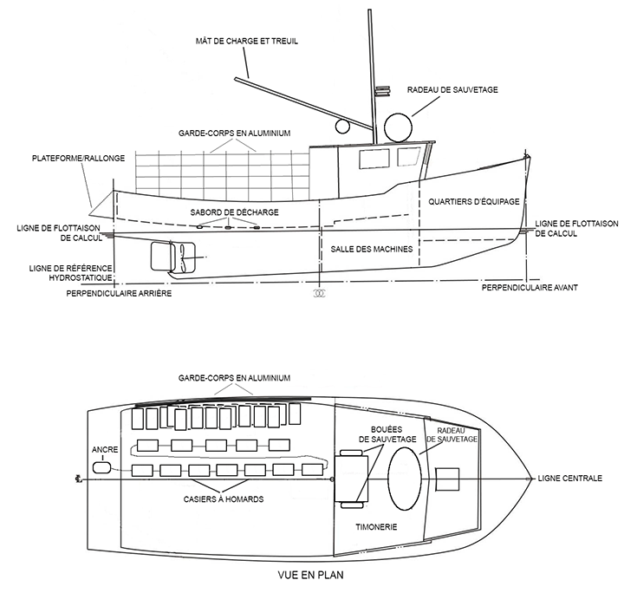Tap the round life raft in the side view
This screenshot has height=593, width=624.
[399, 127]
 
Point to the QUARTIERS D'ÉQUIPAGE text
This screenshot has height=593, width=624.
[473, 201]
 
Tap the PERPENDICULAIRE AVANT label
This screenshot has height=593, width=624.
[530, 287]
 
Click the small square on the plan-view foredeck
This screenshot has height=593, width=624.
[447, 479]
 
